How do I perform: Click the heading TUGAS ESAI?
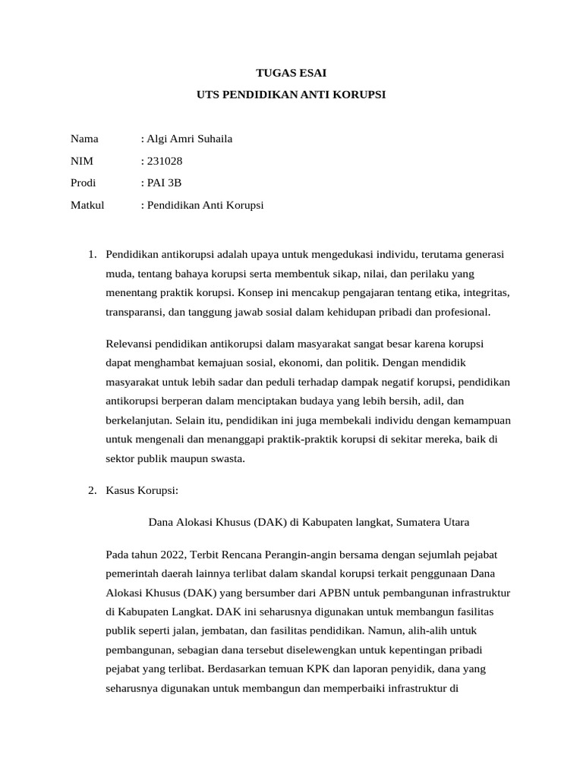(x=291, y=74)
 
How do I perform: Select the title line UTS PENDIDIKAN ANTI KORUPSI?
(x=291, y=95)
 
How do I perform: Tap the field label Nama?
(x=84, y=139)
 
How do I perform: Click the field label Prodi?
(x=84, y=183)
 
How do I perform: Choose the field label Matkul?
(x=87, y=205)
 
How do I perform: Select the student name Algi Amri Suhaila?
(x=189, y=139)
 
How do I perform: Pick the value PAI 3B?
(x=165, y=183)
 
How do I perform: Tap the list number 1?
(x=92, y=253)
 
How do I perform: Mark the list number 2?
(x=92, y=490)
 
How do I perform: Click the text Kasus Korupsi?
(x=142, y=490)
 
